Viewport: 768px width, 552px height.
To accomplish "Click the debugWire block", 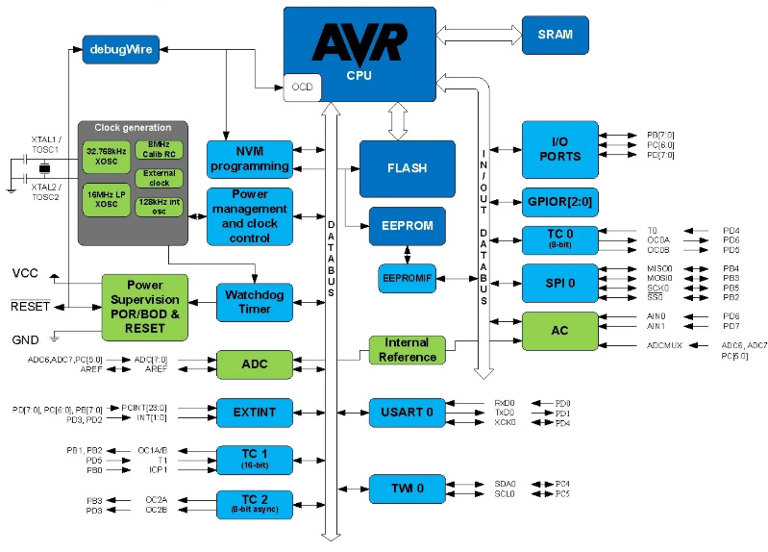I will tap(120, 48).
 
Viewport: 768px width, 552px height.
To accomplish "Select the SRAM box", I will tap(556, 35).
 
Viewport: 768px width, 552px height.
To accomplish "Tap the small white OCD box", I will tap(302, 88).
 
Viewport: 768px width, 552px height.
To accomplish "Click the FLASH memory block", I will tap(407, 167).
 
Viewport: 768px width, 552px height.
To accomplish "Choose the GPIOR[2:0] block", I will tap(559, 205).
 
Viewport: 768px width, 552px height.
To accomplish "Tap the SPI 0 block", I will tap(559, 282).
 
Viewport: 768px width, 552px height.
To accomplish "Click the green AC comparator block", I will tap(559, 330).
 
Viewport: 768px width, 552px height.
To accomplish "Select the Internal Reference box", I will tap(408, 350).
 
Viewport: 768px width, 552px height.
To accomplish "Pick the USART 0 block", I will tap(408, 413).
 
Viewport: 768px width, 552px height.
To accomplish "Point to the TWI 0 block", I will tap(408, 489).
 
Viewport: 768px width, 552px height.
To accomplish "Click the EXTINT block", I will tap(254, 412).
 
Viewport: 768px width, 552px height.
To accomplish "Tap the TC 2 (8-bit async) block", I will tap(254, 504).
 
